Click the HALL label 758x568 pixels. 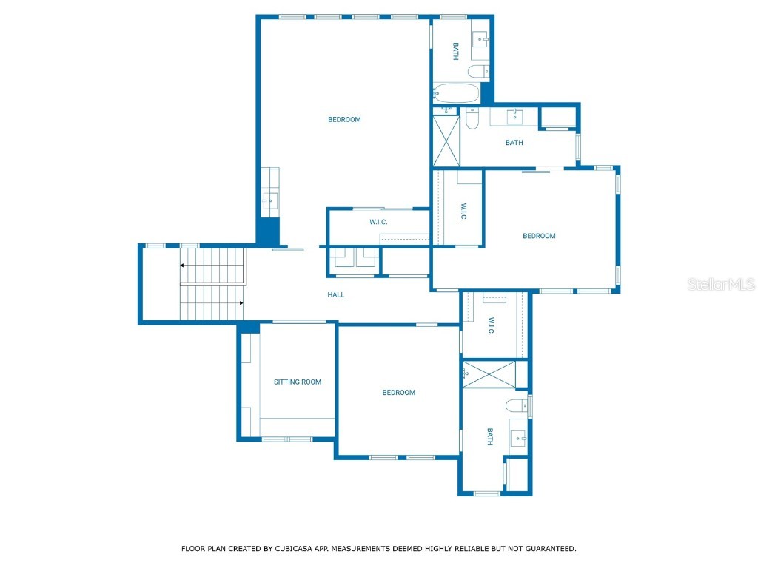coord(336,294)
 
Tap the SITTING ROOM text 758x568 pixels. coord(297,382)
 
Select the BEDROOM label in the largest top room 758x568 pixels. coord(344,119)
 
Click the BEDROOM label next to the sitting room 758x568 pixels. coord(398,392)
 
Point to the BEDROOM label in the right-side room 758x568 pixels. coord(539,236)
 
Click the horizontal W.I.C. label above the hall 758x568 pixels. coord(378,222)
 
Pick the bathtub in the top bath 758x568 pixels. coord(456,93)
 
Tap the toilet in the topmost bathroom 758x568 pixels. coord(477,71)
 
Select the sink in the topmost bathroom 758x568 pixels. coord(480,38)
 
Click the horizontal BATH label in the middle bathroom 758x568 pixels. coord(514,143)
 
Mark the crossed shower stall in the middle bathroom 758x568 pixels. coord(446,141)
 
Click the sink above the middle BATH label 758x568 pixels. coord(514,116)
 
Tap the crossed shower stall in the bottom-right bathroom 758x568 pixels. coord(489,374)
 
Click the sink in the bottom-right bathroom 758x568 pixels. coord(518,439)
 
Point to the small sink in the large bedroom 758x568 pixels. coord(269,199)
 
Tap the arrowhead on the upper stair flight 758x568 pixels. coord(181,265)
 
